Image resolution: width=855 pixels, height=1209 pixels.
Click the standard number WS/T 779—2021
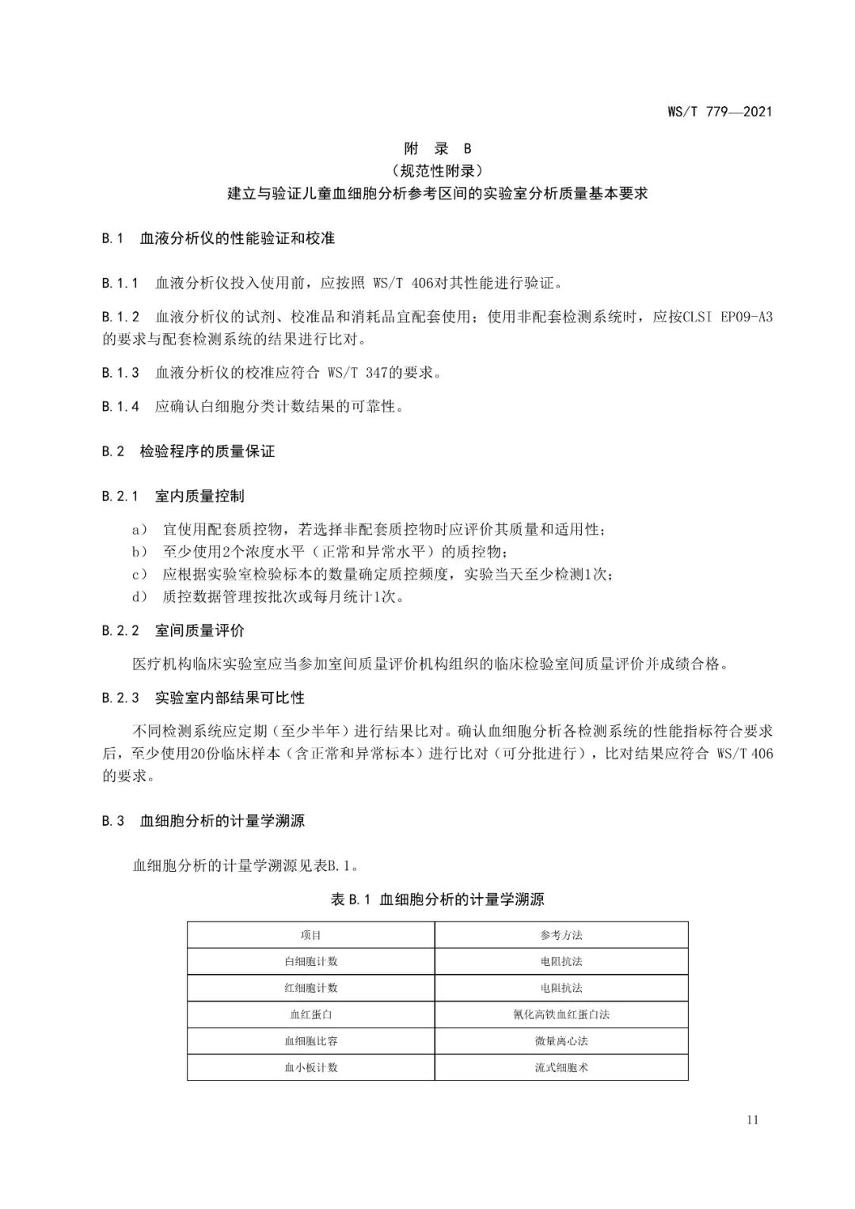720,111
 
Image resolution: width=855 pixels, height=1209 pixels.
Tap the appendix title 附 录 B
438,148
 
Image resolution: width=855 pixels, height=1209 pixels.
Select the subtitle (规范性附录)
437,170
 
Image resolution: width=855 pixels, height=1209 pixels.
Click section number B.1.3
120,372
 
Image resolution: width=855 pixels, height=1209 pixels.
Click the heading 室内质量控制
199,496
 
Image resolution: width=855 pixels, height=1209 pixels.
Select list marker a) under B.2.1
140,529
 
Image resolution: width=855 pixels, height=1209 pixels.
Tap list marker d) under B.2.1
140,596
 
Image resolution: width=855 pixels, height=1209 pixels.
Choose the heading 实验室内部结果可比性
230,698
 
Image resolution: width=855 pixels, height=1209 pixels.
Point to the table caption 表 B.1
351,899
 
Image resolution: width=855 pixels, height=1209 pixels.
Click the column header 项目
311,935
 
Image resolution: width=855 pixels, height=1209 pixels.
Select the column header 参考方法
561,935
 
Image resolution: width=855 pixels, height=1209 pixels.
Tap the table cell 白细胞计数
311,961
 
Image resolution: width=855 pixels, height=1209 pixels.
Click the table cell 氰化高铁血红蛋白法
561,1014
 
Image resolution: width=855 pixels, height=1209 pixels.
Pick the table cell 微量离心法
561,1040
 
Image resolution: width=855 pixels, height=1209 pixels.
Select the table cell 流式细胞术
561,1067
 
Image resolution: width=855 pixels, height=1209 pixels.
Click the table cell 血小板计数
311,1067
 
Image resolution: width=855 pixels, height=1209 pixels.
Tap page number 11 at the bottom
752,1120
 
